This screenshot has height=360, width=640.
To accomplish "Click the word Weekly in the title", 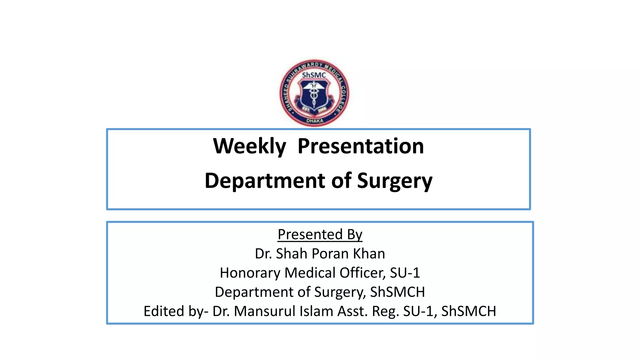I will [249, 146].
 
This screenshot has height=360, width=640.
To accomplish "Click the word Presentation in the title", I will [361, 146].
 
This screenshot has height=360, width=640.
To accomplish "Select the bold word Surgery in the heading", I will [395, 181].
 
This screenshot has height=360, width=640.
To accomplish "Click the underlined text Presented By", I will [320, 234].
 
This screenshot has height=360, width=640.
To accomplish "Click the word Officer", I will [362, 273].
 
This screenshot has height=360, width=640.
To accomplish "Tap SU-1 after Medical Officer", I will [405, 273].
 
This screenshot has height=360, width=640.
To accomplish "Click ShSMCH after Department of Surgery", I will [397, 292].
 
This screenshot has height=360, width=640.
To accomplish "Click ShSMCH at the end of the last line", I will [468, 311].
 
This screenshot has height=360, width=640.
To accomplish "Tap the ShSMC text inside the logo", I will [314, 75].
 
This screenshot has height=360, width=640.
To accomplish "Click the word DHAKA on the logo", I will [315, 121].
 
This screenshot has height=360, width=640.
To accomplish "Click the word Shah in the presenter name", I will [292, 253].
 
